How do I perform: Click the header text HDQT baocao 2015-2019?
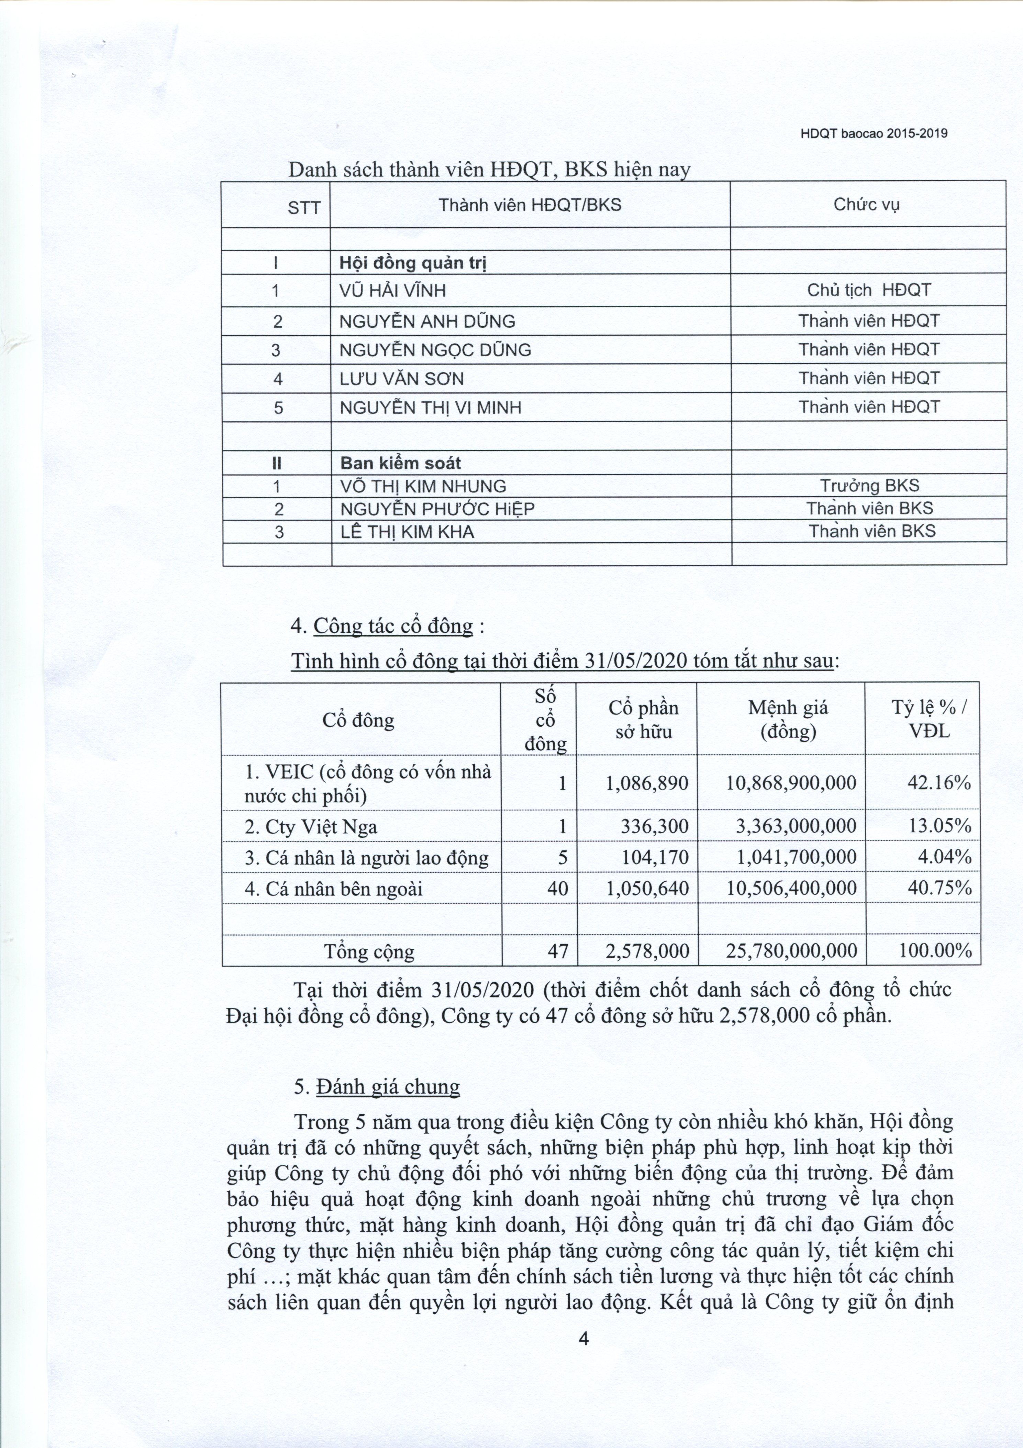874,134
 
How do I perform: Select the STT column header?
304,207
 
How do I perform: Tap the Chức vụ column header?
867,204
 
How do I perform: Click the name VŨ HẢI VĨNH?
393,291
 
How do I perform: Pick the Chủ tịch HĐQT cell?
869,290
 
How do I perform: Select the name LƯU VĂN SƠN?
401,379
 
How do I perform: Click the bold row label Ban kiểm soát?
400,464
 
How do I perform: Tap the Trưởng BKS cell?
869,486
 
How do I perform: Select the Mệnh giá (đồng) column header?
788,720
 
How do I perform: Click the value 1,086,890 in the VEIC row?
647,783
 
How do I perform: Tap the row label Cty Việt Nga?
311,827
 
